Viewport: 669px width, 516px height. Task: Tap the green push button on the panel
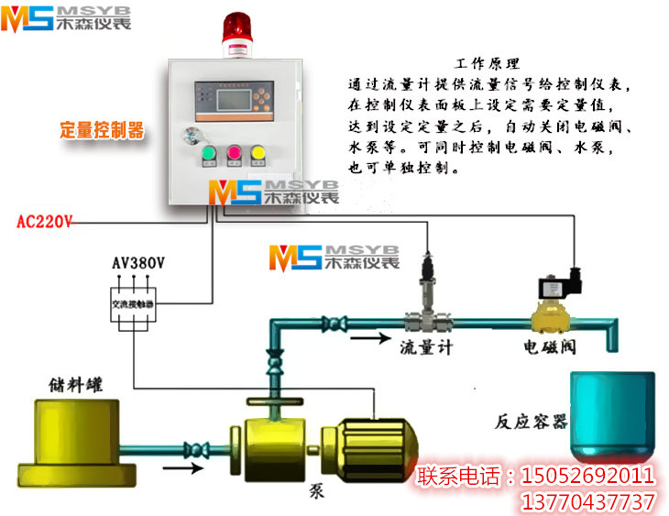[x=208, y=152]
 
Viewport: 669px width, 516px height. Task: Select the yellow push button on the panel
[x=258, y=152]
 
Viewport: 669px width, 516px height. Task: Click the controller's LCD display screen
[x=232, y=97]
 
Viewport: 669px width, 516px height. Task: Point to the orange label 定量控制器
[x=102, y=129]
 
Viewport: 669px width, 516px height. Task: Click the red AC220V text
[x=45, y=221]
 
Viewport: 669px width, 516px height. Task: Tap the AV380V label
[x=138, y=263]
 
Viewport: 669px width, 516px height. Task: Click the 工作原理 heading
[x=487, y=63]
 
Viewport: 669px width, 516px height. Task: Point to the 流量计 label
[x=426, y=347]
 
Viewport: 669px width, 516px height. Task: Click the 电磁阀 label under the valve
[x=549, y=347]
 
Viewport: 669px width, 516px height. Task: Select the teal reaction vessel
[x=612, y=414]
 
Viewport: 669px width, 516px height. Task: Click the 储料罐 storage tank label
[x=77, y=382]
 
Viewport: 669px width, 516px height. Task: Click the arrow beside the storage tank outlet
[x=182, y=470]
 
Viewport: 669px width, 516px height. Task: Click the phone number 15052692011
[x=587, y=477]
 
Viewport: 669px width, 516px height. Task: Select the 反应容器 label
[x=532, y=423]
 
